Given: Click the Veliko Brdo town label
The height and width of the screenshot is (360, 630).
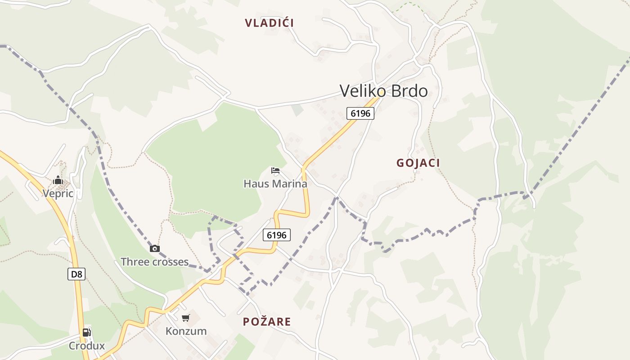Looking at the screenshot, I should coord(383,91).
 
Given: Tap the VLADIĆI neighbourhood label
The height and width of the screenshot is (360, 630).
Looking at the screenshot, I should coord(269,23).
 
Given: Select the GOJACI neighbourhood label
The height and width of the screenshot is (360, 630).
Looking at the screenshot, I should coord(418,163).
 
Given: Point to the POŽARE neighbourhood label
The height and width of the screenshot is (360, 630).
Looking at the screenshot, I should coord(267,322).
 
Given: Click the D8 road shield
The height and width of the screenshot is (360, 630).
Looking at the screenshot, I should coord(76,274).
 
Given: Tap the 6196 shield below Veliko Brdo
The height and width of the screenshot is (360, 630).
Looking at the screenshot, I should coord(360,113).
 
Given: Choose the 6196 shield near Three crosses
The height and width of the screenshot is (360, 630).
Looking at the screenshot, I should coord(277,235).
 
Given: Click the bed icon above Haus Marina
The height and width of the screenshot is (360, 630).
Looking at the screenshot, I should coord(275,171).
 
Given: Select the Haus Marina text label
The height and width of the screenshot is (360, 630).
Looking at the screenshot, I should coord(275,184).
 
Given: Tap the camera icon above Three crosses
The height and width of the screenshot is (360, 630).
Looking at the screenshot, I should coord(154,248).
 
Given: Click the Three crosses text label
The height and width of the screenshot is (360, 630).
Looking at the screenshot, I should coord(154,262).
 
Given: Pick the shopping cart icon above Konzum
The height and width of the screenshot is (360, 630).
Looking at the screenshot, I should coord(186,318).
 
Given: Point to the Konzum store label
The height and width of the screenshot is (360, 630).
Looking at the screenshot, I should coord(186,331).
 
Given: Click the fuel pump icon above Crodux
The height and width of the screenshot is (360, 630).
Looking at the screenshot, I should coord(86,333).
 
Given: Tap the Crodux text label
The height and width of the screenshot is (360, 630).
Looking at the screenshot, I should coord(86,346).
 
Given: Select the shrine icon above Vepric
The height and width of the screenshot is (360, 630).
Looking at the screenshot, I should coord(58,180).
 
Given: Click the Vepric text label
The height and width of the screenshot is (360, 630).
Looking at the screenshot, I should coord(58,193).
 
